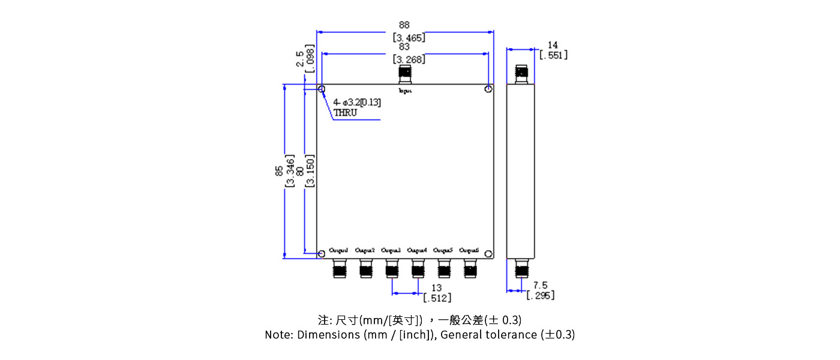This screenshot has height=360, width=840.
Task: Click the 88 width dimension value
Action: (404, 25)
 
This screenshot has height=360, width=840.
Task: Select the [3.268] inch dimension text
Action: (409, 59)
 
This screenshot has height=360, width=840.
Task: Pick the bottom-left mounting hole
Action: (322, 254)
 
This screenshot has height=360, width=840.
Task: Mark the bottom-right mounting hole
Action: (489, 254)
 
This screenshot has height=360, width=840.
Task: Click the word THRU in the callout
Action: (345, 112)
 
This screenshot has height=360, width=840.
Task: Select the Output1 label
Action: (338, 250)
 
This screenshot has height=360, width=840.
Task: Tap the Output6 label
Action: (469, 250)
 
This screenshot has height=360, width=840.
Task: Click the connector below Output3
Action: (392, 269)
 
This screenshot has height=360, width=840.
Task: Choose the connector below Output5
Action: (444, 269)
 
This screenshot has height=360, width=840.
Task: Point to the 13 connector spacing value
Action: (436, 288)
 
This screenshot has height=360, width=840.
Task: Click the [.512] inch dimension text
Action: (437, 298)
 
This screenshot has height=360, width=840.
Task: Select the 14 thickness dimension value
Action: (553, 45)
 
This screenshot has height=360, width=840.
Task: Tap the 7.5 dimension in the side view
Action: (540, 286)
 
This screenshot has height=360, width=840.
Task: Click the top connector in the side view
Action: (521, 74)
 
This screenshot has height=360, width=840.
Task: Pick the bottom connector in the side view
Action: (521, 269)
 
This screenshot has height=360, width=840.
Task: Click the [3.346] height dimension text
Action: (290, 172)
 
